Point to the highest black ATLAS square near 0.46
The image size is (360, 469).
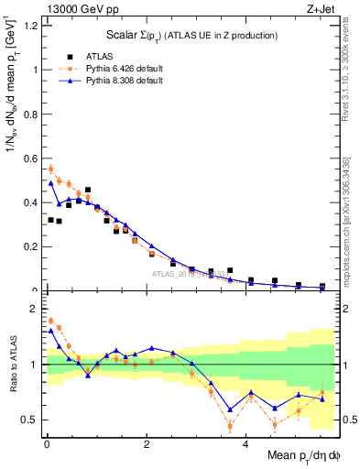(x=88, y=190)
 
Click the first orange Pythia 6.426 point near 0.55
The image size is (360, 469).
(x=51, y=169)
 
